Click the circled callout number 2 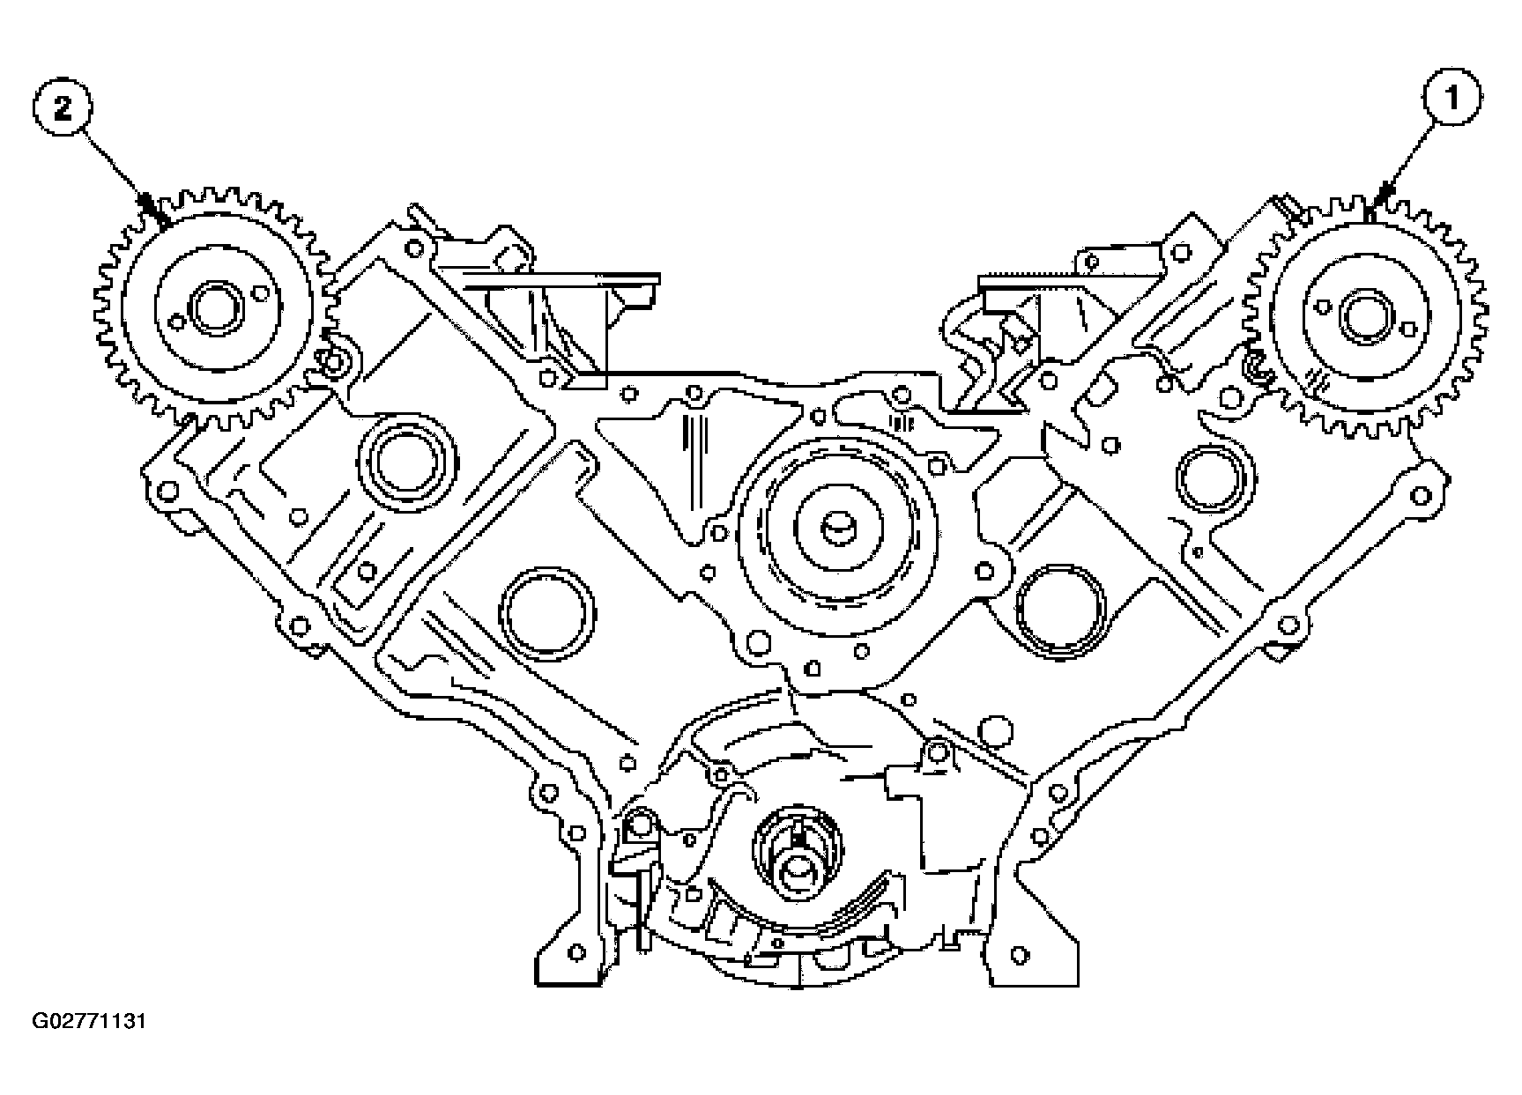point(63,109)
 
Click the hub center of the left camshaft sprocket point(214,307)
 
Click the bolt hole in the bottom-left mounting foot point(577,952)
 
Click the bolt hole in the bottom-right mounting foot point(1021,954)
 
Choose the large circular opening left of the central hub point(546,613)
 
